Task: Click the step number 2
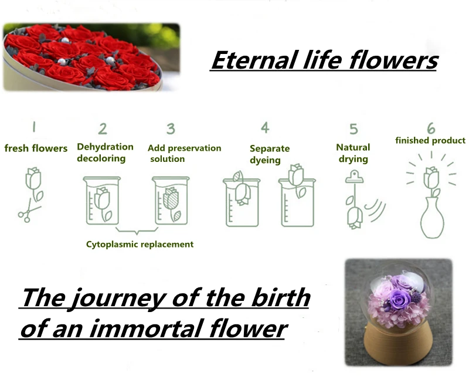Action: (x=102, y=128)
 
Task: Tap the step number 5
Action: (x=354, y=129)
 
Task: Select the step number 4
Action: (x=265, y=127)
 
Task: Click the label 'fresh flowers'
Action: (x=36, y=148)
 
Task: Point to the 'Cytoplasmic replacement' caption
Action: (x=140, y=244)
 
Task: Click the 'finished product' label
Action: (x=430, y=140)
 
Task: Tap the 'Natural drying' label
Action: (x=354, y=153)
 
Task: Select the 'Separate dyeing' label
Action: (x=270, y=154)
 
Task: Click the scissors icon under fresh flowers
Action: (x=28, y=212)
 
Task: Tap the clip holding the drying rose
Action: (x=355, y=177)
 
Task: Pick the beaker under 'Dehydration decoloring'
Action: (x=102, y=201)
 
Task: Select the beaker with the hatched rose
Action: (x=171, y=201)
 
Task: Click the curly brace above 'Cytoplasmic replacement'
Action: (x=137, y=231)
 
